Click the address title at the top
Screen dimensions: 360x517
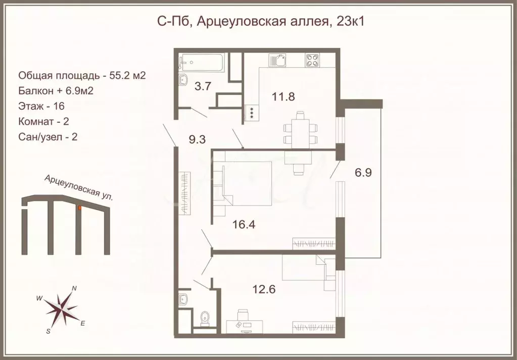pos(258,22)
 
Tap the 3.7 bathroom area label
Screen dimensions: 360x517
pos(203,86)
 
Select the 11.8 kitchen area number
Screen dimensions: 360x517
pos(283,96)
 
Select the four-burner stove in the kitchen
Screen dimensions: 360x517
pos(312,61)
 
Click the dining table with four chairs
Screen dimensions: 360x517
pos(300,129)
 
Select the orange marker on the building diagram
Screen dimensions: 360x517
pos(79,207)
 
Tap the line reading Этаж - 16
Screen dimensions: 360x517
pos(41,106)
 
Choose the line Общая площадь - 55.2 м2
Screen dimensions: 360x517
pos(82,76)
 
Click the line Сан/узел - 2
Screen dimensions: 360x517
pos(47,136)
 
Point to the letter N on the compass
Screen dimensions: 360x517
pos(74,288)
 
